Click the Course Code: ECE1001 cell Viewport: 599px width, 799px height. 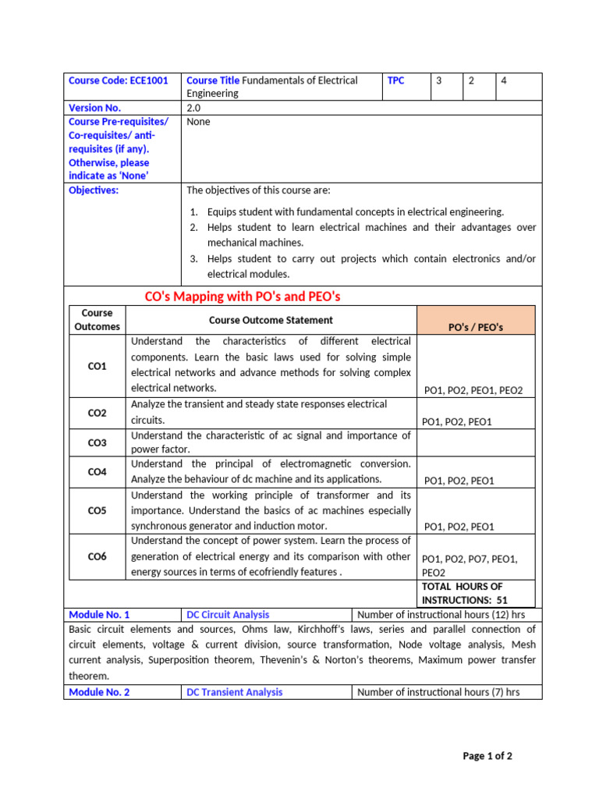click(x=118, y=80)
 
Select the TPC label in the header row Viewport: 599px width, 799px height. click(x=396, y=80)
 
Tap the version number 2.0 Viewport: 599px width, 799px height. click(x=193, y=108)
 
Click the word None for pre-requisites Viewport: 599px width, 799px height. click(x=198, y=122)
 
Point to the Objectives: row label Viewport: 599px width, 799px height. click(x=94, y=190)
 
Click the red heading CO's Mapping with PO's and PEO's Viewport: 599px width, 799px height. click(x=243, y=297)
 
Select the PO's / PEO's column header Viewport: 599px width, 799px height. click(x=476, y=327)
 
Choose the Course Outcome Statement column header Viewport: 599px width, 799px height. click(x=271, y=320)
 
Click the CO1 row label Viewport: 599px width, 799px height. click(x=97, y=366)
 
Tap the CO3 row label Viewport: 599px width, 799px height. click(x=97, y=442)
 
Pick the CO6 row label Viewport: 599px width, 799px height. click(x=97, y=556)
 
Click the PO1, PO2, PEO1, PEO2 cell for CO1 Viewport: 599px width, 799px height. click(x=473, y=390)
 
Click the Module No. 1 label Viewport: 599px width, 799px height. click(x=100, y=615)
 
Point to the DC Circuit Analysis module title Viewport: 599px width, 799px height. click(x=228, y=615)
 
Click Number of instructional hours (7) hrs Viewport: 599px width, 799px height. click(x=438, y=692)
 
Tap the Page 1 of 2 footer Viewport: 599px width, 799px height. click(x=487, y=756)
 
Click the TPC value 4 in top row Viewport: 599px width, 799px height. click(x=504, y=80)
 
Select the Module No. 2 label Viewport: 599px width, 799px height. click(x=100, y=692)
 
